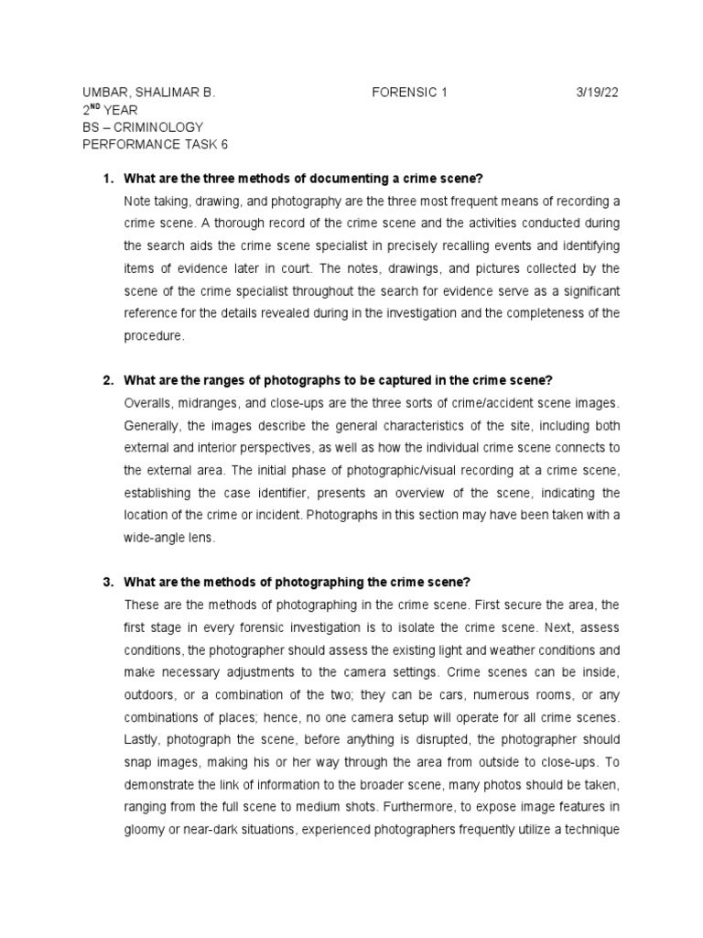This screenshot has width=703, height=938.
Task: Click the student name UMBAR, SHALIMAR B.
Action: (x=148, y=93)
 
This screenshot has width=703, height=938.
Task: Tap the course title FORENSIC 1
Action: (x=410, y=93)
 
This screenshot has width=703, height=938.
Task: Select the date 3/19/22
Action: (x=597, y=93)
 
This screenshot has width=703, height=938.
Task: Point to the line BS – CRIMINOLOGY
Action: (x=143, y=126)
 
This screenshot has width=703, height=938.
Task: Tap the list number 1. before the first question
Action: (x=107, y=178)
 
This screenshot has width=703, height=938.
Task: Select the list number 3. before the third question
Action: (x=107, y=583)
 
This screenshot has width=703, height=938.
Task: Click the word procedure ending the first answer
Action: (x=153, y=336)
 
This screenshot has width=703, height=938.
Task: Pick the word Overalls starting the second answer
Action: (x=148, y=403)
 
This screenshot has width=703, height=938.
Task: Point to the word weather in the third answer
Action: (x=503, y=650)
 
